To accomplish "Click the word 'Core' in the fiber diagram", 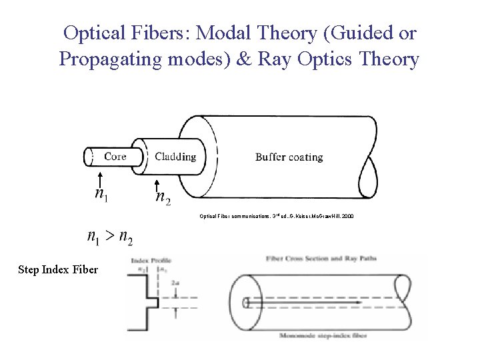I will click(x=115, y=157).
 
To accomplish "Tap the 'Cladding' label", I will click(x=175, y=157).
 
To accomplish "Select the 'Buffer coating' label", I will click(x=289, y=157).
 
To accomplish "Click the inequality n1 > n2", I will click(x=109, y=236).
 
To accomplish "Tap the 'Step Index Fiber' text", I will click(x=58, y=270).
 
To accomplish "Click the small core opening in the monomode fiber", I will click(x=246, y=303).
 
